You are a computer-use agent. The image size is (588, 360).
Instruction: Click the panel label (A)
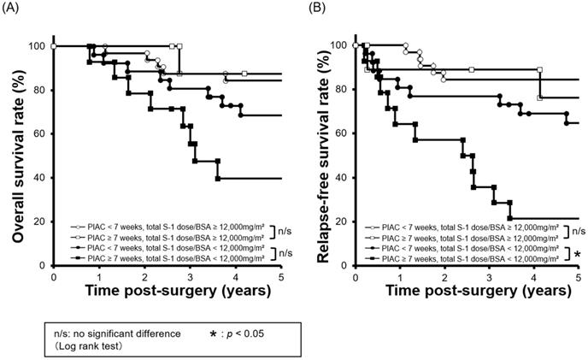[14, 9]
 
